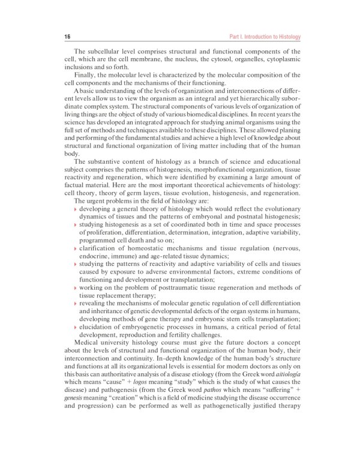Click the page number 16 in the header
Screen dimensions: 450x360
click(x=67, y=37)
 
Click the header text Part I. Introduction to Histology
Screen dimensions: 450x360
click(x=265, y=37)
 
